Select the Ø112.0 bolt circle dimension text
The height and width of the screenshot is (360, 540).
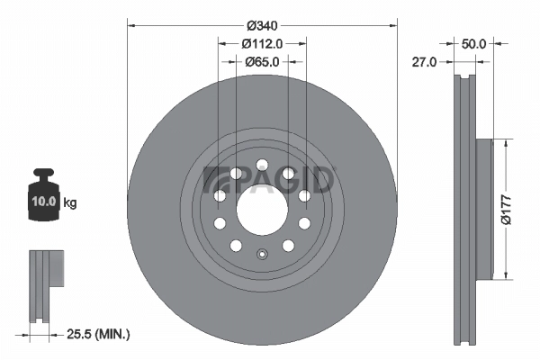262,42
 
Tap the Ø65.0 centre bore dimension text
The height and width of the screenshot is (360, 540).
262,61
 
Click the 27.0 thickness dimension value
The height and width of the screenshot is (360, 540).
424,61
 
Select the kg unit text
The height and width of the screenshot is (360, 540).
69,203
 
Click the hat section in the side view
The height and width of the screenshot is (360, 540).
484,208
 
